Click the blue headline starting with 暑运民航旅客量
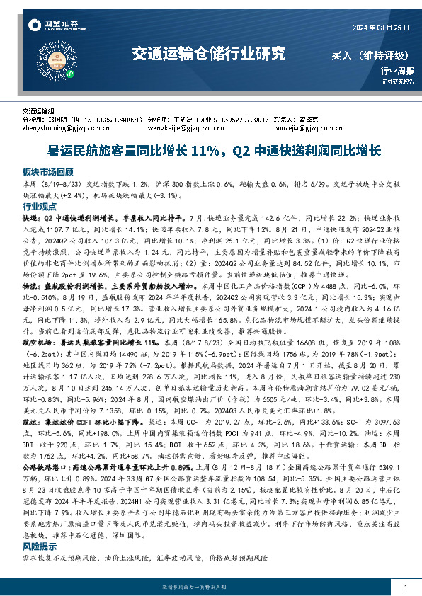click(210, 151)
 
